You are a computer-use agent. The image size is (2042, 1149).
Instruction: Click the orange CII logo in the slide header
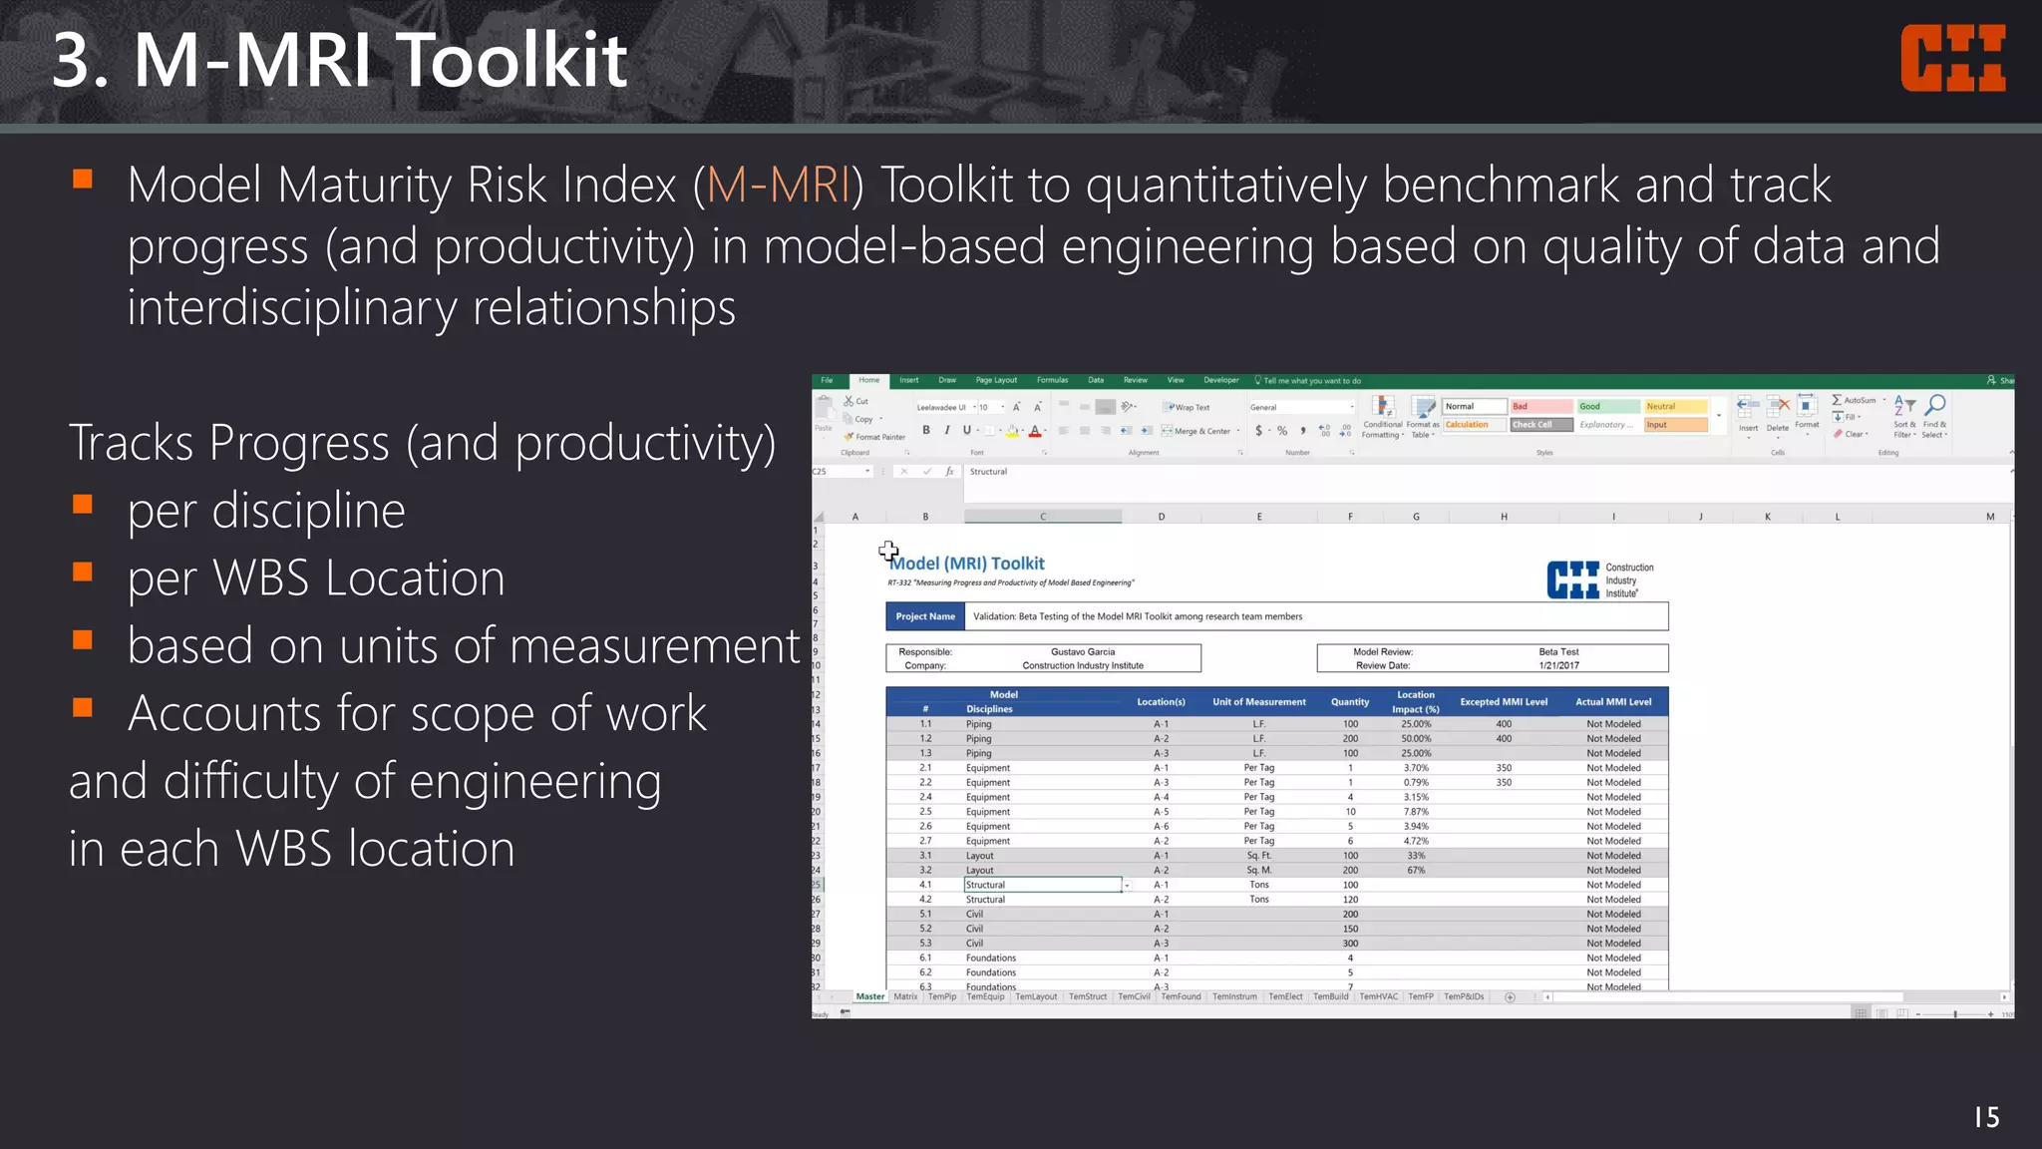pyautogui.click(x=1952, y=59)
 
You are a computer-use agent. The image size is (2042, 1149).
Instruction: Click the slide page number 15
pyautogui.click(x=1986, y=1117)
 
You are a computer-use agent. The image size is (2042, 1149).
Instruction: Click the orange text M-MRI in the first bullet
pyautogui.click(x=779, y=186)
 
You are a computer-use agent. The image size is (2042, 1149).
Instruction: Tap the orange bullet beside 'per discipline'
pyautogui.click(x=83, y=505)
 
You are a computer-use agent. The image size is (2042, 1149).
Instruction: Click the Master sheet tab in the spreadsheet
pyautogui.click(x=869, y=996)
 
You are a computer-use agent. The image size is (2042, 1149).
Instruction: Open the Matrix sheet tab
pyautogui.click(x=905, y=996)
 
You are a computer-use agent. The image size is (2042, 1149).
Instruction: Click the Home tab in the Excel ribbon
pyautogui.click(x=869, y=380)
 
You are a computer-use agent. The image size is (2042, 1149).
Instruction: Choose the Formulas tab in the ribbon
pyautogui.click(x=1052, y=380)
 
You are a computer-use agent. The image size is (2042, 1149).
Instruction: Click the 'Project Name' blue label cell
pyautogui.click(x=924, y=616)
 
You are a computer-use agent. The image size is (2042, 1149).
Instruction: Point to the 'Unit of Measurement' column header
pyautogui.click(x=1258, y=702)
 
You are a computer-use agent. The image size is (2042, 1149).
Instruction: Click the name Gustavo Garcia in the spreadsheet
pyautogui.click(x=1083, y=651)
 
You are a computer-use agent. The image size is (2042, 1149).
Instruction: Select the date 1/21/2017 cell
pyautogui.click(x=1558, y=665)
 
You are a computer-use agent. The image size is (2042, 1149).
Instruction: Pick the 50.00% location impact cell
pyautogui.click(x=1416, y=739)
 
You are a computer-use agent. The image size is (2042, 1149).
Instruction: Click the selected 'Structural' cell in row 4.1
pyautogui.click(x=1042, y=885)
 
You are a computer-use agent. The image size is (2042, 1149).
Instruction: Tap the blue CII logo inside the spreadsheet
pyautogui.click(x=1572, y=579)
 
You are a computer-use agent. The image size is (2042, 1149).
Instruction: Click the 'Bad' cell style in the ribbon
pyautogui.click(x=1540, y=406)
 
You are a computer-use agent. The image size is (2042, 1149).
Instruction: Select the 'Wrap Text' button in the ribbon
pyautogui.click(x=1188, y=407)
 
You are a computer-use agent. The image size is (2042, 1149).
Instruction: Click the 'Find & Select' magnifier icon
pyautogui.click(x=1934, y=405)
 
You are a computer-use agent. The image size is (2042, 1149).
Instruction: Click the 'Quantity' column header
pyautogui.click(x=1350, y=702)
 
